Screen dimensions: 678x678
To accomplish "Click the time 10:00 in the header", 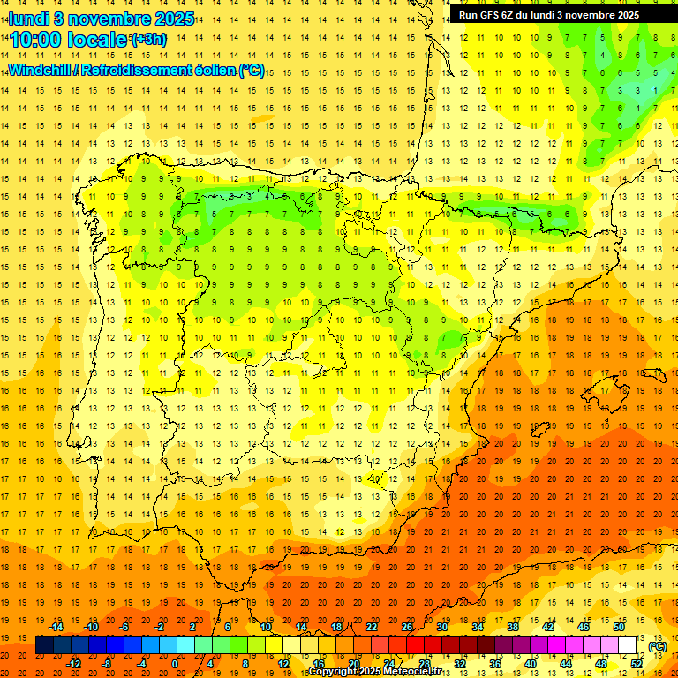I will tap(36, 40).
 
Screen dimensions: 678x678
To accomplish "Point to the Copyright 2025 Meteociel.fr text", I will tap(374, 672).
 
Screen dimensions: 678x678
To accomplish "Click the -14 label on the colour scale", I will tap(56, 627).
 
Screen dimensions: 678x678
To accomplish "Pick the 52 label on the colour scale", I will tap(637, 663).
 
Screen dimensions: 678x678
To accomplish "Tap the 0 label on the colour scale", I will tap(175, 663).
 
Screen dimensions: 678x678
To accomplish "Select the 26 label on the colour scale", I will tap(406, 627).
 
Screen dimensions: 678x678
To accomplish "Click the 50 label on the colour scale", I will tap(619, 627).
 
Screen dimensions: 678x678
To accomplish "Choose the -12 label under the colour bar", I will tap(74, 663).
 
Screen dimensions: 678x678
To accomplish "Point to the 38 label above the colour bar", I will tap(512, 627).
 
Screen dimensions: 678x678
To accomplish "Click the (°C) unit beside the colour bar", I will tap(657, 646).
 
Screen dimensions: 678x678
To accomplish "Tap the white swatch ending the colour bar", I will tap(627, 645).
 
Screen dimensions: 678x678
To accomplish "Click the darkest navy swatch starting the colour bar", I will tap(44, 645).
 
